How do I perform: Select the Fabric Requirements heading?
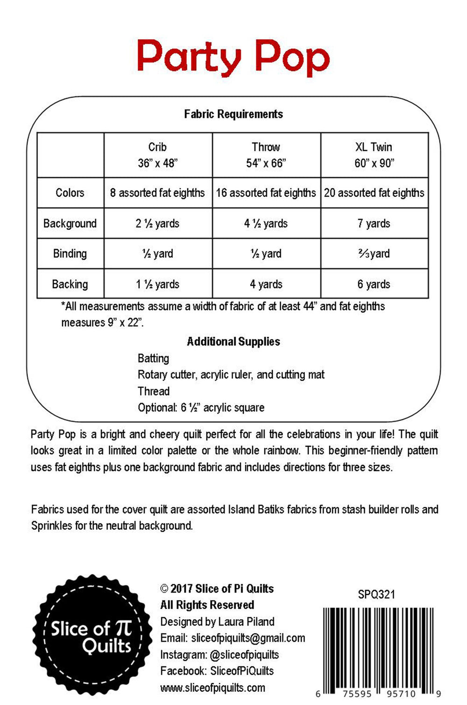point(233,114)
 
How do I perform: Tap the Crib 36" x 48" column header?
point(158,155)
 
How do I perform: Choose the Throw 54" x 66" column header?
point(266,155)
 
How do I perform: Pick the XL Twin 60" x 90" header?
point(374,155)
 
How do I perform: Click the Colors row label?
point(70,193)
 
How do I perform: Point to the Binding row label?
point(70,254)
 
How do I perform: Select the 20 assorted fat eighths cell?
point(374,193)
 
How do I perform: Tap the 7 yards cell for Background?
point(374,223)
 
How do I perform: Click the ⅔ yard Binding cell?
point(374,254)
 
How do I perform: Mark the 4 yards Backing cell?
point(266,284)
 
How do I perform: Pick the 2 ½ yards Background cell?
point(158,223)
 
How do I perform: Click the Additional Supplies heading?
point(233,342)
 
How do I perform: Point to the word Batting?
point(153,359)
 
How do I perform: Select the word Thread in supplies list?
point(153,391)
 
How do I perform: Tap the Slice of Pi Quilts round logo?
point(92,636)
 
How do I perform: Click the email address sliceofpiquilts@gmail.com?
point(248,638)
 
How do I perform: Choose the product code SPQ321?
point(376,594)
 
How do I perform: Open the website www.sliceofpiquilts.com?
point(212,688)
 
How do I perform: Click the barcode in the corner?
point(379,650)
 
